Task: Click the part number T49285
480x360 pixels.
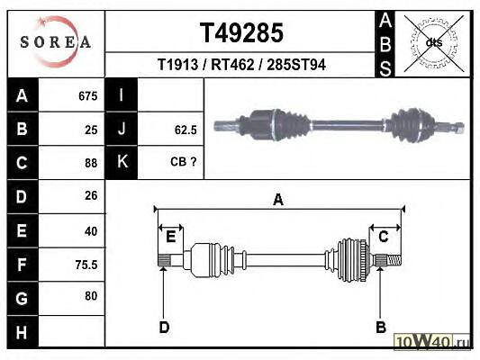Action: point(241,33)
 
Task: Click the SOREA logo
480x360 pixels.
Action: point(56,41)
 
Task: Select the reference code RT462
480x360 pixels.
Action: point(232,65)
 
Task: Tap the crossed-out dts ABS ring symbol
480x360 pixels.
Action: point(434,42)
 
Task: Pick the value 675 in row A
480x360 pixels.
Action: point(88,96)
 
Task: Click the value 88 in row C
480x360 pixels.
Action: point(91,163)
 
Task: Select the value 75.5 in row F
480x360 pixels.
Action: point(86,265)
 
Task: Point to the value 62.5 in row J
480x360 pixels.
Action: point(186,130)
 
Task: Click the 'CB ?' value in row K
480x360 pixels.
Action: point(183,162)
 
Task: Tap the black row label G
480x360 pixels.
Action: point(22,298)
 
